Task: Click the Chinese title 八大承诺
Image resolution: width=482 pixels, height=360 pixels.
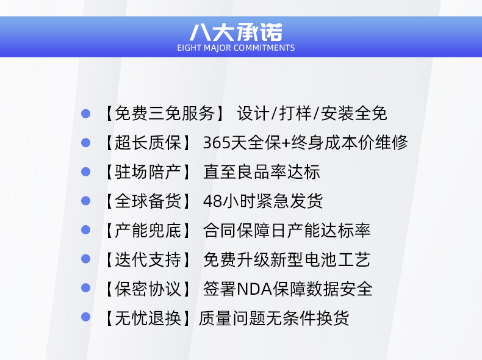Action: [236, 32]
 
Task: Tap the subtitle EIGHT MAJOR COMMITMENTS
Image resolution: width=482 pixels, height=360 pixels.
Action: [236, 48]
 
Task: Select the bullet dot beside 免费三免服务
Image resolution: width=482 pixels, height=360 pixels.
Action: [86, 113]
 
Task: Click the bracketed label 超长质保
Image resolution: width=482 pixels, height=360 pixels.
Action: [148, 143]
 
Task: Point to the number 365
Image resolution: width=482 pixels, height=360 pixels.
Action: [216, 143]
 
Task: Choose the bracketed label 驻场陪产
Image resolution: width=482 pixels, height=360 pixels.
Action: [148, 172]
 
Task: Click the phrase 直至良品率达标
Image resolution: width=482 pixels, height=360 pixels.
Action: [262, 172]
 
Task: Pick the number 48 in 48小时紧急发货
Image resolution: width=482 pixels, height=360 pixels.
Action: [212, 201]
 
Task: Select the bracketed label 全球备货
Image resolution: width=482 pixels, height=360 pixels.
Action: [148, 201]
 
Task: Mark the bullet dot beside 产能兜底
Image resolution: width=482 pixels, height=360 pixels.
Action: [86, 230]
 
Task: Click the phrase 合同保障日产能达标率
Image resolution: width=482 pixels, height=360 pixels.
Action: [287, 231]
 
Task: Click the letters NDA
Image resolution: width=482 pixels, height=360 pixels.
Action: [254, 289]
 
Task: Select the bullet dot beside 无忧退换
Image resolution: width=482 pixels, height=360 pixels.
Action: [86, 317]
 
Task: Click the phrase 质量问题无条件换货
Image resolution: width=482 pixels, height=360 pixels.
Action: [274, 318]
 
